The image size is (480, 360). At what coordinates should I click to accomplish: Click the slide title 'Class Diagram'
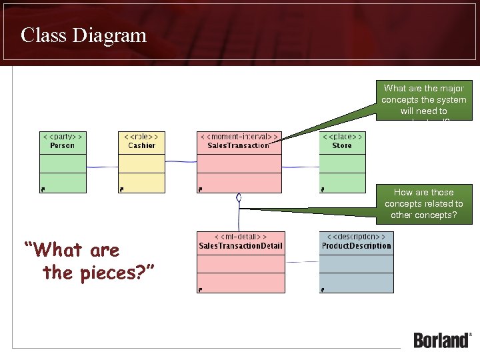point(83,35)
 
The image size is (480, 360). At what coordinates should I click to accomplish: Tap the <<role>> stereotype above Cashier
point(141,136)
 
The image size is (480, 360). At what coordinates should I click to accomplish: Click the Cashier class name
point(141,145)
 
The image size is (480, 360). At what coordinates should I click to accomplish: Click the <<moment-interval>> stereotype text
point(239,136)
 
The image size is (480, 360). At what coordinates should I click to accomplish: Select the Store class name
point(342,145)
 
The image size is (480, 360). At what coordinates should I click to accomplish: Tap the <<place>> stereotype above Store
point(343,136)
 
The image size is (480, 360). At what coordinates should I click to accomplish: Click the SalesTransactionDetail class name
point(241,246)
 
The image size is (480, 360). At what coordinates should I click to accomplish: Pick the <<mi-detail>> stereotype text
point(241,237)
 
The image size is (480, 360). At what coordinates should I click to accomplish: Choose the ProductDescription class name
point(356,246)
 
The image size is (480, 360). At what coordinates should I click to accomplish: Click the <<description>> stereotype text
point(356,237)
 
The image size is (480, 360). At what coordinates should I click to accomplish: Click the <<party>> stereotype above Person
point(63,136)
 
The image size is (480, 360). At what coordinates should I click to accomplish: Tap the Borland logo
point(442,339)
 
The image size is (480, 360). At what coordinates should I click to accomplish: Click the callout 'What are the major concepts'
point(423,101)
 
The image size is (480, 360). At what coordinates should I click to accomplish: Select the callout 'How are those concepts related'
point(423,203)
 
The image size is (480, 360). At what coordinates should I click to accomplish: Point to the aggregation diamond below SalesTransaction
point(238,198)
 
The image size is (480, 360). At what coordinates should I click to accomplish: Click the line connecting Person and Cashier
point(102,167)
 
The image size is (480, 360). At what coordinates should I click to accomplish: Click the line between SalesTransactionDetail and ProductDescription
point(302,262)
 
